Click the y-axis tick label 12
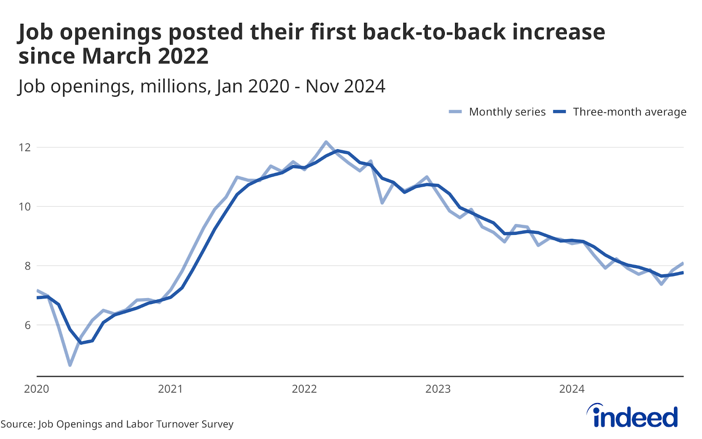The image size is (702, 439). tap(25, 147)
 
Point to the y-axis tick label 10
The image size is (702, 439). tap(25, 206)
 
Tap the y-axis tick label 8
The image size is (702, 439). tap(27, 266)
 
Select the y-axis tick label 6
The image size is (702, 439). tap(27, 325)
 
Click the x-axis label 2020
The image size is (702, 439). tap(36, 389)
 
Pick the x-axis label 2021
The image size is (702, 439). tap(170, 389)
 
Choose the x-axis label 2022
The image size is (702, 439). tap(304, 389)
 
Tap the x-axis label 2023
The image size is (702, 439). tap(438, 389)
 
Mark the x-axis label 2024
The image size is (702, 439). tap(572, 389)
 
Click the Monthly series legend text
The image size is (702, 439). tap(507, 112)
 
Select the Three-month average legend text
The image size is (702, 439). tap(630, 112)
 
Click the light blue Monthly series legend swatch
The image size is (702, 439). tap(455, 112)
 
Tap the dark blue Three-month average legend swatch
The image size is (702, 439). tap(560, 112)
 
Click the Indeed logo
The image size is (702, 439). tap(633, 416)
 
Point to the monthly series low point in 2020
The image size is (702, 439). tap(70, 365)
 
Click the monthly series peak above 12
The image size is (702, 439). tap(326, 142)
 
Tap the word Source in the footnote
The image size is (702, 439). tap(18, 424)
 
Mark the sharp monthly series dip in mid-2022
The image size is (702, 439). tap(382, 203)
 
